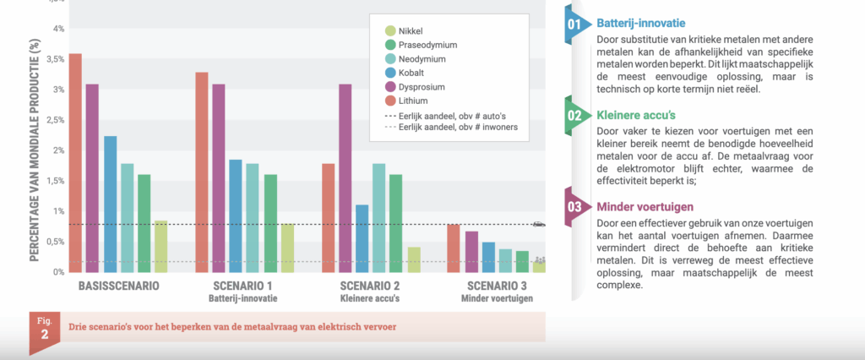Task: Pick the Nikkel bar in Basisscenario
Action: click(160, 246)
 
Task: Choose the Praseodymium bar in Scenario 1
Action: click(270, 223)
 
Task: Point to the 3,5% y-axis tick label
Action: click(53, 59)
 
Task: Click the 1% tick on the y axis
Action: click(58, 211)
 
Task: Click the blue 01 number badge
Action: click(575, 25)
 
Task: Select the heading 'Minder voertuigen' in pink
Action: click(634, 206)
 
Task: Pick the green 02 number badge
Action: click(575, 115)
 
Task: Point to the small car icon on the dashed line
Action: click(539, 224)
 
